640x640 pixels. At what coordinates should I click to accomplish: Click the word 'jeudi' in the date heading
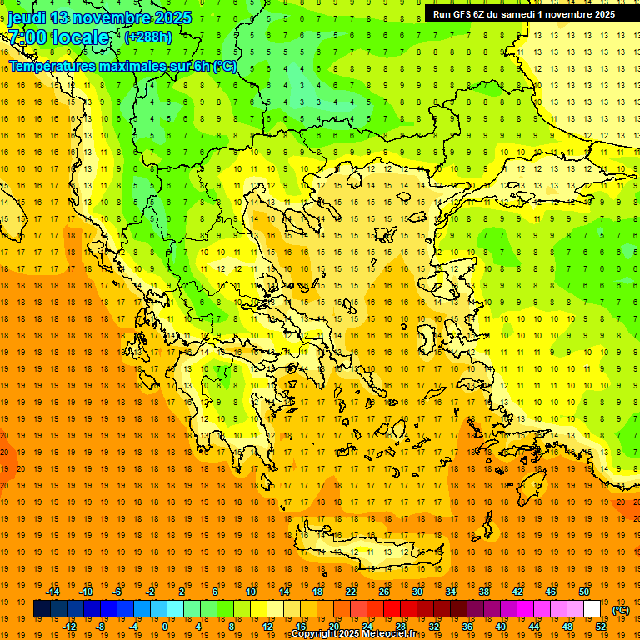(27, 17)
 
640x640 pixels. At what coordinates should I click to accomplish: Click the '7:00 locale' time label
(58, 37)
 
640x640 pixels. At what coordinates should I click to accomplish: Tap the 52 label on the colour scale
(601, 626)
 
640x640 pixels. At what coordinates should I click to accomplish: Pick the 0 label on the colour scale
(165, 626)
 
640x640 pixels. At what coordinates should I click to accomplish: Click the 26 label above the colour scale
(384, 592)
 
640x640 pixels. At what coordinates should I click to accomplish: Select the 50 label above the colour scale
(584, 592)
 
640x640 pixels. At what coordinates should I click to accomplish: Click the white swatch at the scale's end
(592, 609)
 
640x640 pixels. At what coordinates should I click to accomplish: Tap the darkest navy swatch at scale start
(42, 609)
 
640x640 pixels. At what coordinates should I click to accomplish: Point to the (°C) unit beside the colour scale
(621, 610)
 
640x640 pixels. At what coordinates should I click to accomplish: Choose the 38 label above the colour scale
(484, 592)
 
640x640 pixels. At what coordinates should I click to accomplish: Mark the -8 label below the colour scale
(100, 626)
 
